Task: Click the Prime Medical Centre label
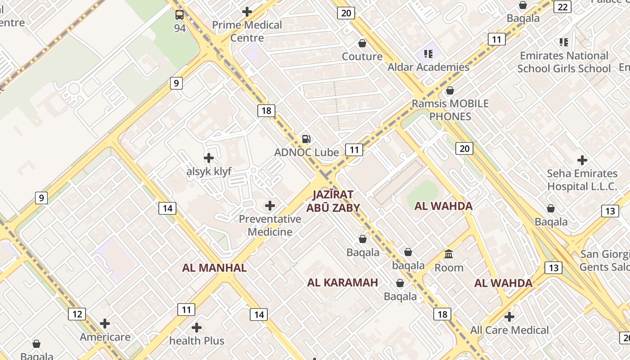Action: [x=247, y=31]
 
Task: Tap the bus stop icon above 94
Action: [x=180, y=15]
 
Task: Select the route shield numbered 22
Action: [x=562, y=7]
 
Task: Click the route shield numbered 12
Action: [x=77, y=314]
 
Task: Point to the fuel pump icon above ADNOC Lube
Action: [x=306, y=139]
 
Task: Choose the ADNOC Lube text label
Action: [x=306, y=153]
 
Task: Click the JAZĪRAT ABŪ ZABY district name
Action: [x=333, y=201]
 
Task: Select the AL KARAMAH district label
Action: [x=342, y=283]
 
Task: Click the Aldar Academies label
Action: [x=428, y=67]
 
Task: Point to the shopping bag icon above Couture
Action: [x=362, y=43]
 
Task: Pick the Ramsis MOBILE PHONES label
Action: [x=450, y=110]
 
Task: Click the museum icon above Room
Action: [x=449, y=254]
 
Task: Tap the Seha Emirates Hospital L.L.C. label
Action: [x=582, y=180]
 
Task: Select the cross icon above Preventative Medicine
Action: [x=270, y=206]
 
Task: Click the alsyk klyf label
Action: [x=209, y=171]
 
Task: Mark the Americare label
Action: [x=105, y=337]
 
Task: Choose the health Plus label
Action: [x=197, y=341]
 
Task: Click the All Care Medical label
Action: [x=509, y=330]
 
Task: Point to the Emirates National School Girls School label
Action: [x=564, y=62]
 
